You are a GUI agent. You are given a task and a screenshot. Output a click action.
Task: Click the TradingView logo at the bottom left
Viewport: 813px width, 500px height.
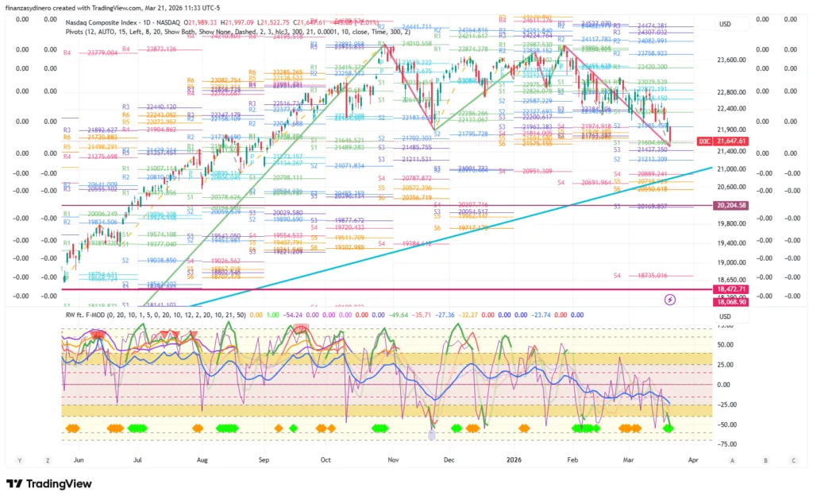tap(48, 484)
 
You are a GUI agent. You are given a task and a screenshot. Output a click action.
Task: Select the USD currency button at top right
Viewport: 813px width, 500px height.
tap(724, 24)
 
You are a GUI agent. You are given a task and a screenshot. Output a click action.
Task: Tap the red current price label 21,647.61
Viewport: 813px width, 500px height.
tap(730, 141)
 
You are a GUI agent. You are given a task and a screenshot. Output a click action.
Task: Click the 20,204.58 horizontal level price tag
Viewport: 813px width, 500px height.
tap(730, 205)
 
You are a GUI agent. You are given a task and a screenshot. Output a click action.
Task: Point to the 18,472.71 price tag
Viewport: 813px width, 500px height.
tap(730, 289)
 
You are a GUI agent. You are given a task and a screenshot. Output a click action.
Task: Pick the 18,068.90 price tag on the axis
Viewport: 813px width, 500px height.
tap(730, 302)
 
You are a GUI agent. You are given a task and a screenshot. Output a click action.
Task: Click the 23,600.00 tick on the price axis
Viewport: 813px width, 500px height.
tap(730, 60)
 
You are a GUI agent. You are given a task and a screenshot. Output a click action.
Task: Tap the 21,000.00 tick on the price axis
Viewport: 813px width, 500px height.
tap(730, 169)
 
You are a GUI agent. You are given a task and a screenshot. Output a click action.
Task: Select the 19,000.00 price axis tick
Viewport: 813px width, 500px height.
tap(730, 262)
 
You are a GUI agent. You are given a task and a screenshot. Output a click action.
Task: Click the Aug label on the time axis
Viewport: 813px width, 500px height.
tap(202, 459)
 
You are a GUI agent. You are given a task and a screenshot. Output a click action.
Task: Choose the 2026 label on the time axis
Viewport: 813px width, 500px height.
tap(514, 459)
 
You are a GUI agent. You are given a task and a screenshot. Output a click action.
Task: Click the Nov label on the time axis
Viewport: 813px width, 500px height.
tap(392, 459)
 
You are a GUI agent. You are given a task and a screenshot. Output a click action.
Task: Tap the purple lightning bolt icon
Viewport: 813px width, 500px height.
tap(669, 299)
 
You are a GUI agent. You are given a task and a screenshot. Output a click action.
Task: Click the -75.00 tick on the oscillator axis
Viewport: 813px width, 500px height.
tap(726, 444)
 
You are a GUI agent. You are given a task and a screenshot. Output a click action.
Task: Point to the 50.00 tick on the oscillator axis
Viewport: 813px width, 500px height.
tap(726, 345)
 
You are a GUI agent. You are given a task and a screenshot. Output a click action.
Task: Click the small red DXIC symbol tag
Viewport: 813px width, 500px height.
tap(703, 141)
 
